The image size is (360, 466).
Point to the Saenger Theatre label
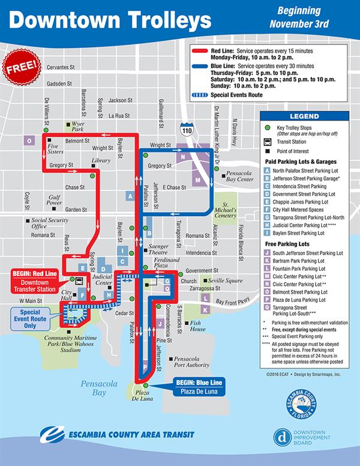pos(160,250)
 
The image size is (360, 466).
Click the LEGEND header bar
pos(305,116)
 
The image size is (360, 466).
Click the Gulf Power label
pos(55,200)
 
